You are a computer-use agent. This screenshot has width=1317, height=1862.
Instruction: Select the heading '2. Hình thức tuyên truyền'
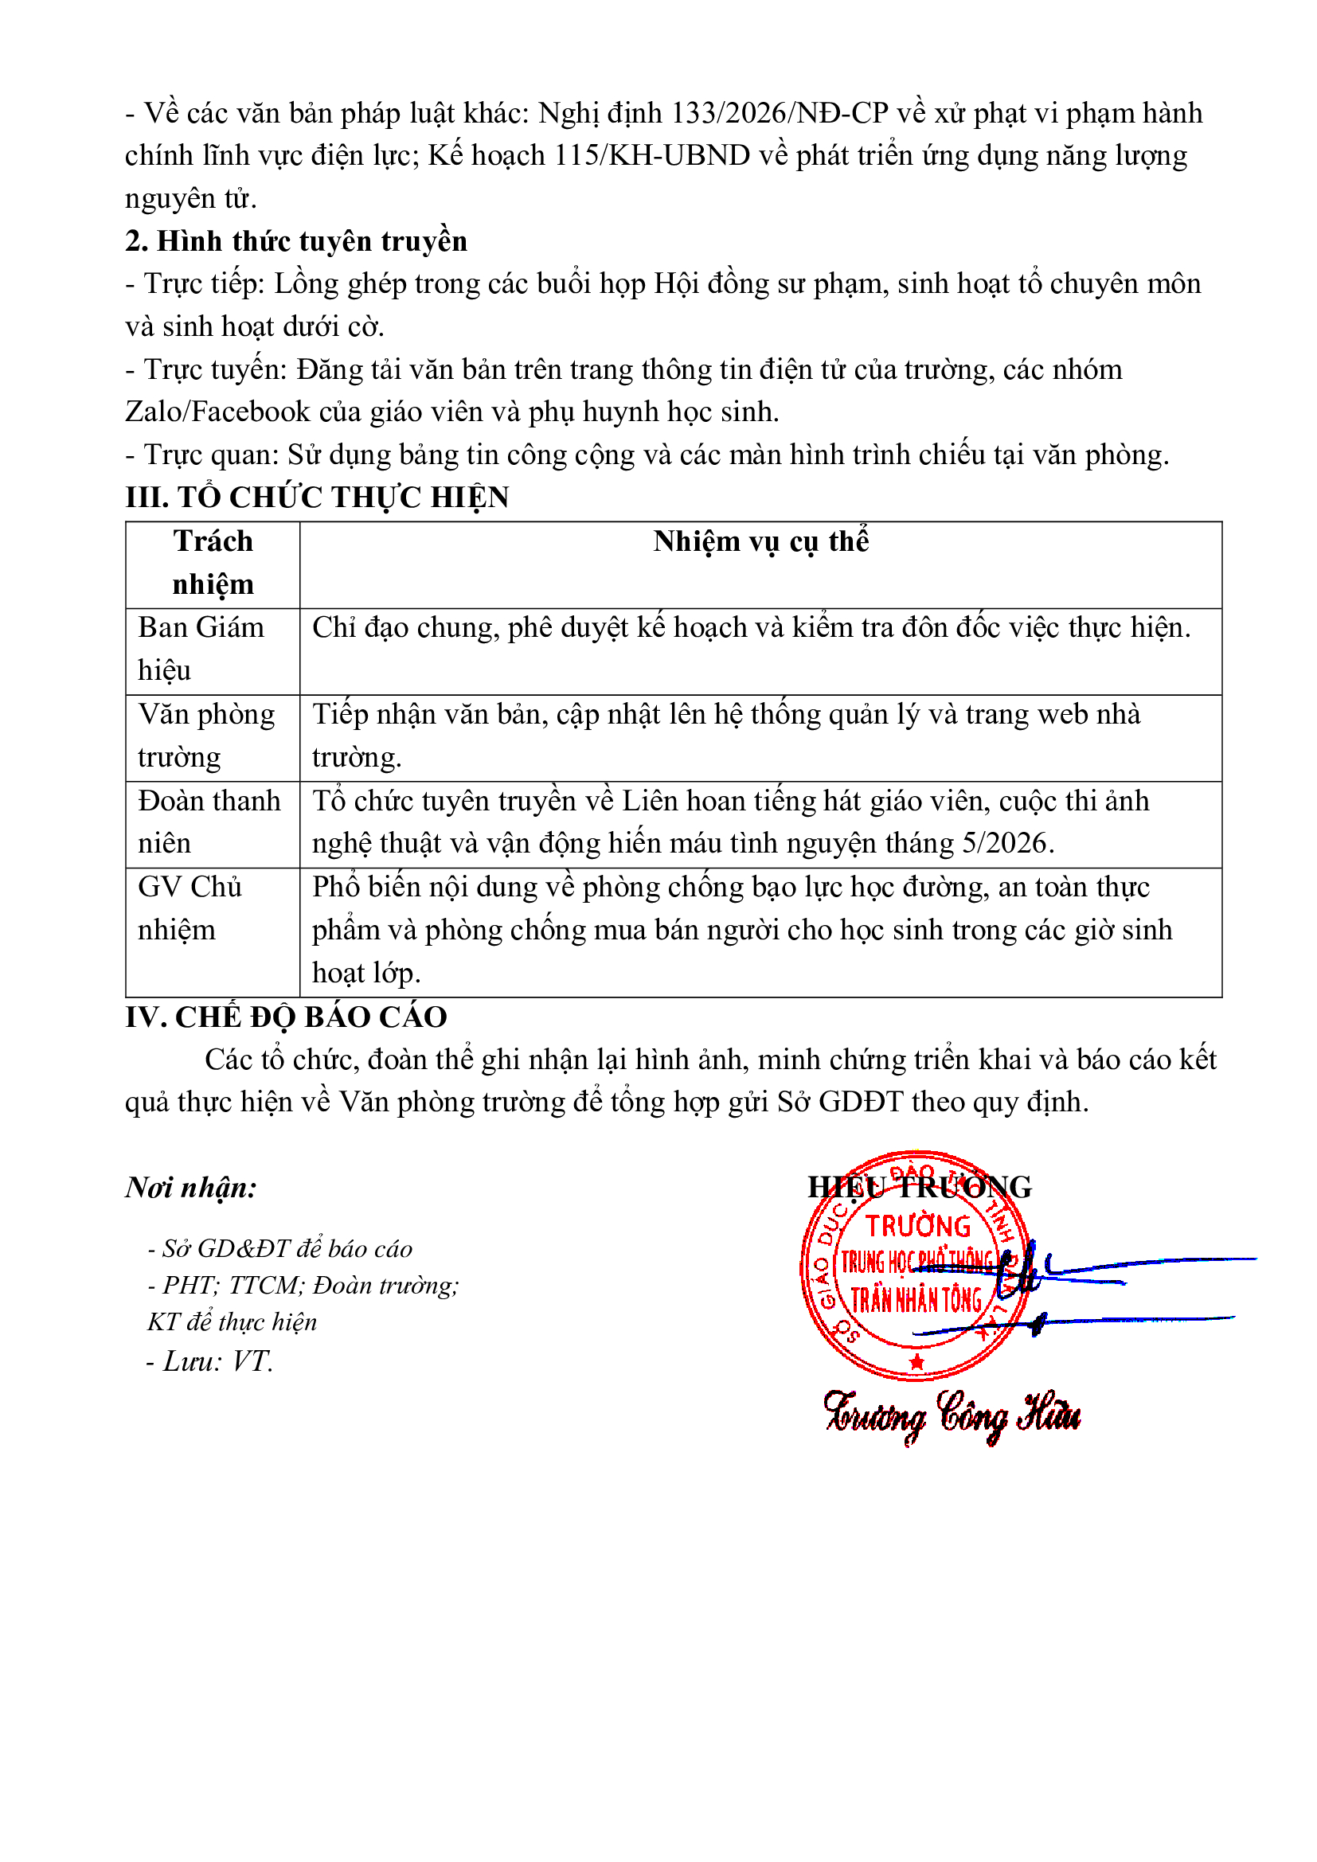(x=296, y=242)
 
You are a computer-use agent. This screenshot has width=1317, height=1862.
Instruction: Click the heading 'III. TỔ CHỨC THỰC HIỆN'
(x=317, y=497)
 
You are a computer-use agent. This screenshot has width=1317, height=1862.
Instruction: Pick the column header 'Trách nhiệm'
(x=213, y=563)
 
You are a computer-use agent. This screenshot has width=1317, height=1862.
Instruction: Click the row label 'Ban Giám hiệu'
(x=201, y=649)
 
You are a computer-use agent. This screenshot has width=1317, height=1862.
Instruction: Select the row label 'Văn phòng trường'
(x=206, y=736)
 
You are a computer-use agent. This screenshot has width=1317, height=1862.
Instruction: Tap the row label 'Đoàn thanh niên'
(x=209, y=822)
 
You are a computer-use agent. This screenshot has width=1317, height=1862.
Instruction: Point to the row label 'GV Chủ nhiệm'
(x=190, y=908)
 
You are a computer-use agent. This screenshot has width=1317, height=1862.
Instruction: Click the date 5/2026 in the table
(x=1005, y=843)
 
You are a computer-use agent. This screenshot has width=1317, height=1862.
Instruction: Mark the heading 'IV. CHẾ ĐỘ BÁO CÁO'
(x=287, y=1017)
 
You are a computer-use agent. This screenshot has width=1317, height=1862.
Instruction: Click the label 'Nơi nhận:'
(x=191, y=1187)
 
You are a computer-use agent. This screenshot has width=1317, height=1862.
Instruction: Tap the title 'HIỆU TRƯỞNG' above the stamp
(x=919, y=1187)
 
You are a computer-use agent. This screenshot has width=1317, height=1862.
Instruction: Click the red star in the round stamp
(x=916, y=1361)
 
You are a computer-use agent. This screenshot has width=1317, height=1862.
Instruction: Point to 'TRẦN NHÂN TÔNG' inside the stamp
(x=916, y=1301)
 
